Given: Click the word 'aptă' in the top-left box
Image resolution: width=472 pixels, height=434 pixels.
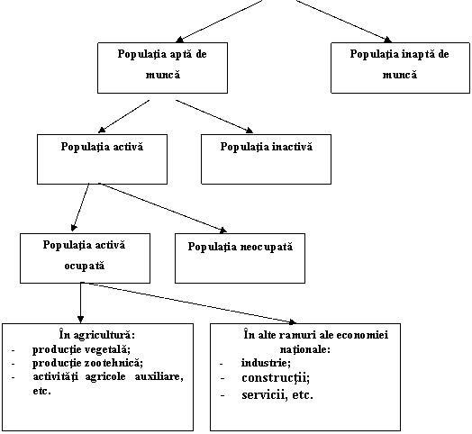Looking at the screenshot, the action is (x=178, y=55).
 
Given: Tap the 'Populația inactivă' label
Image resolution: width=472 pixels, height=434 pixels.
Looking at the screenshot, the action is (x=267, y=147).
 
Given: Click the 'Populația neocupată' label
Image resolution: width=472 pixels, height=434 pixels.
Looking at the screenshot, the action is (x=241, y=247).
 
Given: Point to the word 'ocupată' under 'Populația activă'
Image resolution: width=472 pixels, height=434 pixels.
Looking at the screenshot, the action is (x=85, y=267).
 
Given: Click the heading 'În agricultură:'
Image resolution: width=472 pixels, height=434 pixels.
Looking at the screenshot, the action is (x=97, y=335).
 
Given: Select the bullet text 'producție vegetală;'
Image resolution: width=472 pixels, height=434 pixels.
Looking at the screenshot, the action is (x=81, y=349).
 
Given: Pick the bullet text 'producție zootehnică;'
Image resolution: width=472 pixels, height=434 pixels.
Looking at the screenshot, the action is (x=87, y=363).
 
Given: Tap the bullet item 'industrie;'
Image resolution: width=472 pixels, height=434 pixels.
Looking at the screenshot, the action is (x=266, y=363).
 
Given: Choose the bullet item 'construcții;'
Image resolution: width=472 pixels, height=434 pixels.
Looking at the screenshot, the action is (x=276, y=378).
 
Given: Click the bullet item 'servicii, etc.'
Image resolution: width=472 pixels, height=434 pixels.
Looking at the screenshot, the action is (x=277, y=395).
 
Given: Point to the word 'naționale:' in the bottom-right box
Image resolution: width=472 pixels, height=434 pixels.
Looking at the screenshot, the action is (x=305, y=349).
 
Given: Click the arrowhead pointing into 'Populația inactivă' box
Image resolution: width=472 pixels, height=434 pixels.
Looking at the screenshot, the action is (x=250, y=130).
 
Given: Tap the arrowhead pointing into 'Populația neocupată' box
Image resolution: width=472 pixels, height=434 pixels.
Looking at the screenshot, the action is (x=223, y=231).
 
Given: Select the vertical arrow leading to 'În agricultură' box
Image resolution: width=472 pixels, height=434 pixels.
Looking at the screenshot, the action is (x=80, y=303).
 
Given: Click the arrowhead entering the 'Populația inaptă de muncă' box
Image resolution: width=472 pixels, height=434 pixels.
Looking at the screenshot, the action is (x=388, y=40).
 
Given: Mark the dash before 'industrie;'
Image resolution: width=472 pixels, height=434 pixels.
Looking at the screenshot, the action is (x=222, y=364).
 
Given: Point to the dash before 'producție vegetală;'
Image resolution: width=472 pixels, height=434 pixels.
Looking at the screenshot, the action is (x=14, y=350).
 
